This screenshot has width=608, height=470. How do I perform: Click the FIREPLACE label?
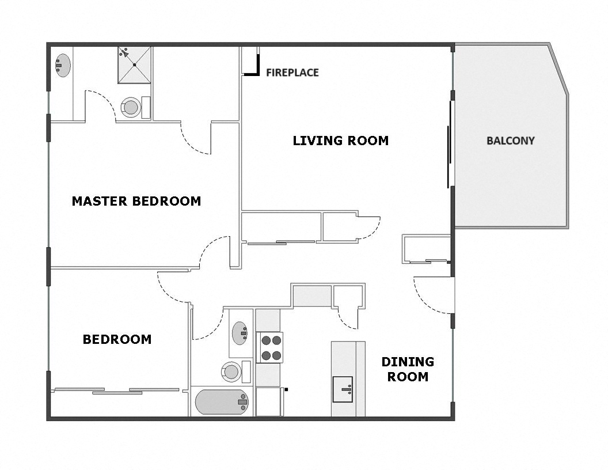(x=292, y=73)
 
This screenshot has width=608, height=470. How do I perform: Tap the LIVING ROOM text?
(x=340, y=141)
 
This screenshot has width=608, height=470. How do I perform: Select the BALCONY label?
(x=510, y=141)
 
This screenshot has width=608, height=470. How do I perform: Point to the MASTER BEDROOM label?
(x=136, y=201)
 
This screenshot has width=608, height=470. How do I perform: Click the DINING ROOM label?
(x=408, y=369)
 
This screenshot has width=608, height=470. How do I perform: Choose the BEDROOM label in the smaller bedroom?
(x=117, y=339)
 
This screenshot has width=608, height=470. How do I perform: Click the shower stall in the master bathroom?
(x=134, y=65)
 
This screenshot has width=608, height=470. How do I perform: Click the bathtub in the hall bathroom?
(x=222, y=402)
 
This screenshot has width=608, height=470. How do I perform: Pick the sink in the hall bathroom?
(x=241, y=332)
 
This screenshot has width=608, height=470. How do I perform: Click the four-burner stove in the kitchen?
(x=269, y=347)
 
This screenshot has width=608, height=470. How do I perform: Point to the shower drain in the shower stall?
(x=134, y=65)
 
